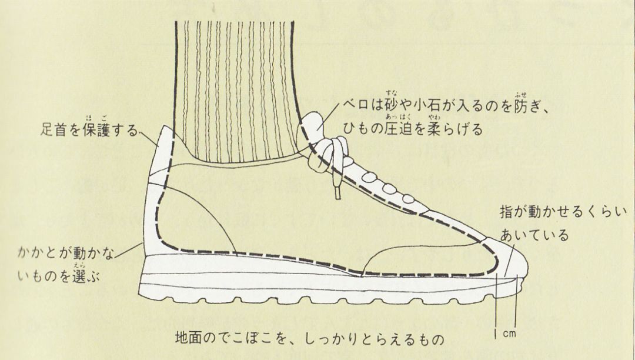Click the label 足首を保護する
pyautogui.click(x=89, y=129)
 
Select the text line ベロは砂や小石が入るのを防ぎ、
pyautogui.click(x=447, y=107)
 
